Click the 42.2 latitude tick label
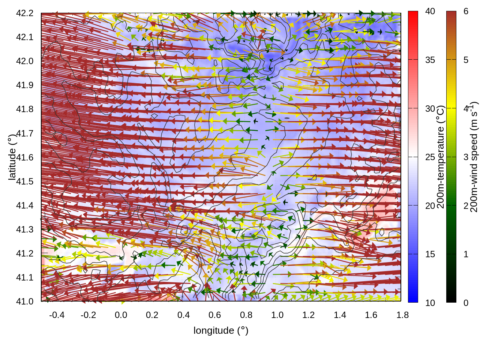pyautogui.click(x=25, y=13)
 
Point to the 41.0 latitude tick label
pyautogui.click(x=25, y=301)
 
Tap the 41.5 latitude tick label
pyautogui.click(x=25, y=181)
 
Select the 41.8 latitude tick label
pyautogui.click(x=25, y=109)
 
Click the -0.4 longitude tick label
pyautogui.click(x=57, y=315)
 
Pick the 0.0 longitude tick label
pyautogui.click(x=121, y=315)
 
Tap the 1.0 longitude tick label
pyautogui.click(x=277, y=315)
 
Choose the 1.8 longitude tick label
pyautogui.click(x=402, y=315)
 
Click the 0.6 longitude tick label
pyautogui.click(x=214, y=315)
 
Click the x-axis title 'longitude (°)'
pyautogui.click(x=221, y=330)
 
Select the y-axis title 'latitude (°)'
pyautogui.click(x=12, y=157)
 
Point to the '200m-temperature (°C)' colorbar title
pyautogui.click(x=441, y=157)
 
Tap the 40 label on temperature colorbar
pyautogui.click(x=430, y=11)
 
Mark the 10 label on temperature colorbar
pyautogui.click(x=430, y=303)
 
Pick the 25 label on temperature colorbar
pyautogui.click(x=430, y=157)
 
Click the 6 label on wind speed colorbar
pyautogui.click(x=466, y=11)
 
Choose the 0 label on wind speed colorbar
pyautogui.click(x=466, y=303)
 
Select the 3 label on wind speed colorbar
pyautogui.click(x=466, y=157)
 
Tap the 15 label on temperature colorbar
pyautogui.click(x=430, y=254)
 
